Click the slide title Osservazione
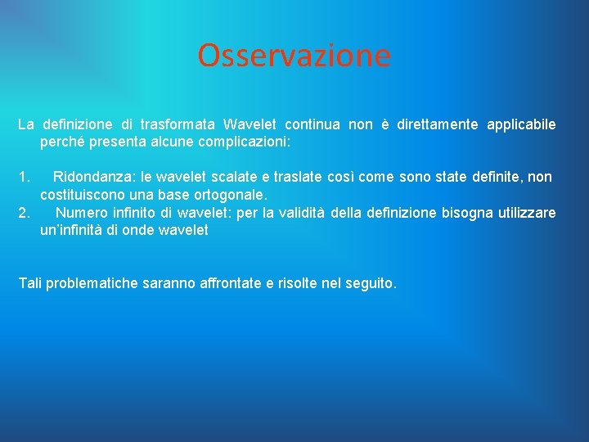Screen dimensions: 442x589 tap(294, 56)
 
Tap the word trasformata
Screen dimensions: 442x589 tap(178, 124)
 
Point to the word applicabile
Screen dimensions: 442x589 tap(521, 124)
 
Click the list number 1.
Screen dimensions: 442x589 tap(24, 177)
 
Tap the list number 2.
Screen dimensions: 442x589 tap(24, 213)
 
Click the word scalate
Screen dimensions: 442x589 tap(234, 177)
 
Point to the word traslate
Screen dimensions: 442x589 tap(295, 177)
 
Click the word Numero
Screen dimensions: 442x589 tap(81, 213)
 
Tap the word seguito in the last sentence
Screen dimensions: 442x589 tap(371, 284)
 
